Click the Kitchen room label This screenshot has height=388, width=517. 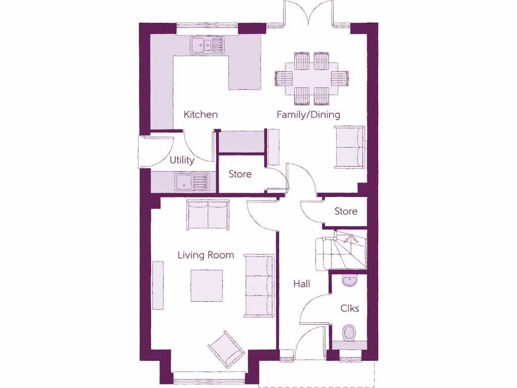(200, 115)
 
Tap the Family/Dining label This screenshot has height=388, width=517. (308, 115)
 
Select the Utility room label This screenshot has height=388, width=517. (182, 160)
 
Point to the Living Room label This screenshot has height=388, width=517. (205, 255)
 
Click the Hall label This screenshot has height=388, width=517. (302, 284)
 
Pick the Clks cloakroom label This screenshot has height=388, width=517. (349, 308)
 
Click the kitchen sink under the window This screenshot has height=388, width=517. (206, 45)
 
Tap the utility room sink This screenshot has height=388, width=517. (192, 181)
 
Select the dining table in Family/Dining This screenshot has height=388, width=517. (312, 78)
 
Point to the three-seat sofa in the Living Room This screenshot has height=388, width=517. (260, 286)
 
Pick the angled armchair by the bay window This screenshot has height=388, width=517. (227, 348)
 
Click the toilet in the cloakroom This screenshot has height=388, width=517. (349, 333)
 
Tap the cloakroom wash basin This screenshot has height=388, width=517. (349, 280)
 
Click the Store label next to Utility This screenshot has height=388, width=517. (240, 174)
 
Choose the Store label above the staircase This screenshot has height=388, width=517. (346, 211)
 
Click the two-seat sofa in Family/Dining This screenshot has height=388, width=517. (349, 147)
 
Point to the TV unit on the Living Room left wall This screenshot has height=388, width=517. (158, 285)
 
